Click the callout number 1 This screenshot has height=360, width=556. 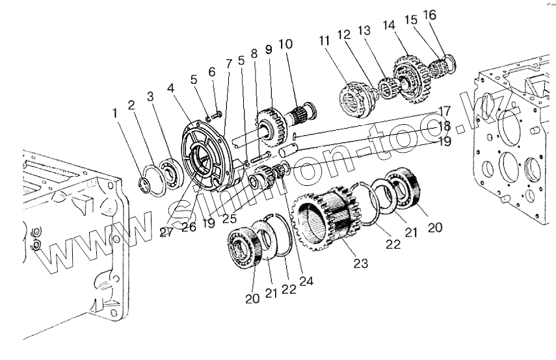[x=115, y=113]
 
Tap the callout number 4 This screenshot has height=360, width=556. [x=170, y=88]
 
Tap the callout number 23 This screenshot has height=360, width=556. [x=361, y=263]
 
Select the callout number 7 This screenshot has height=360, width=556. [x=228, y=64]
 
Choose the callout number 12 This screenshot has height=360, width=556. [x=344, y=34]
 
